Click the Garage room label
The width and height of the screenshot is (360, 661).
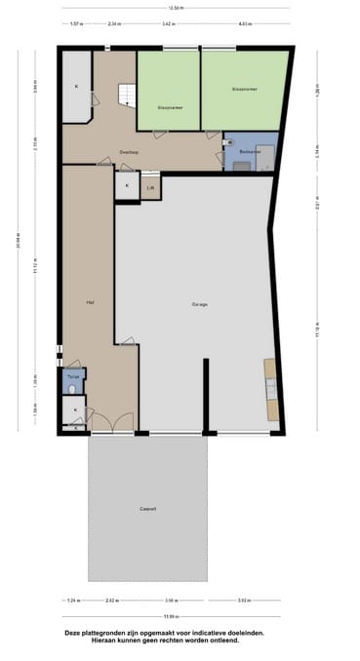pyautogui.click(x=198, y=305)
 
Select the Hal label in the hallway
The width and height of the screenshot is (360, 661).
pyautogui.click(x=89, y=302)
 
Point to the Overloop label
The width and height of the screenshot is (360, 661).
pyautogui.click(x=129, y=153)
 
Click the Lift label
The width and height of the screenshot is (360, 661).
pyautogui.click(x=150, y=187)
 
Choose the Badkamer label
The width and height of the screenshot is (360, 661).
pyautogui.click(x=249, y=153)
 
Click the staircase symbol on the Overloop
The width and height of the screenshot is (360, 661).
pyautogui.click(x=127, y=96)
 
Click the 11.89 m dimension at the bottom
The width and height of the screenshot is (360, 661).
pyautogui.click(x=170, y=615)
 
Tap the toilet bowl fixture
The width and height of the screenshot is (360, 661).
pyautogui.click(x=73, y=389)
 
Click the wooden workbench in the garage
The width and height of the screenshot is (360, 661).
pyautogui.click(x=271, y=390)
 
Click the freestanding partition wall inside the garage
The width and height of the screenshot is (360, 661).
pyautogui.click(x=206, y=395)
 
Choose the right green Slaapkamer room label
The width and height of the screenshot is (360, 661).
pyautogui.click(x=244, y=89)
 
